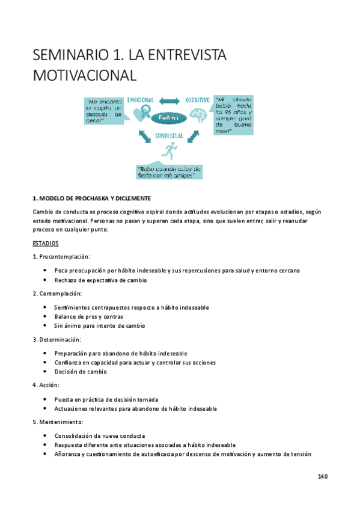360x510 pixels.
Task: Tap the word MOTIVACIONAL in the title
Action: coord(85,76)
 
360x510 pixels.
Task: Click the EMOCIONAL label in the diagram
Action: coord(141,99)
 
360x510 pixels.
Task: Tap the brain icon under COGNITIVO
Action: coord(198,114)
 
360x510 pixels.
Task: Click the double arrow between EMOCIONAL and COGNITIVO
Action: coord(169,100)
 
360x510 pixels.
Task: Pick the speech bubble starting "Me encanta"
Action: coord(104,109)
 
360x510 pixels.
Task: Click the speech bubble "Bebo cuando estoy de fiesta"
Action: coord(169,172)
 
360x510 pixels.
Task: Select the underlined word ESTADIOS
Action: coord(46,244)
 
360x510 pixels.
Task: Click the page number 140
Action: coord(322,477)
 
